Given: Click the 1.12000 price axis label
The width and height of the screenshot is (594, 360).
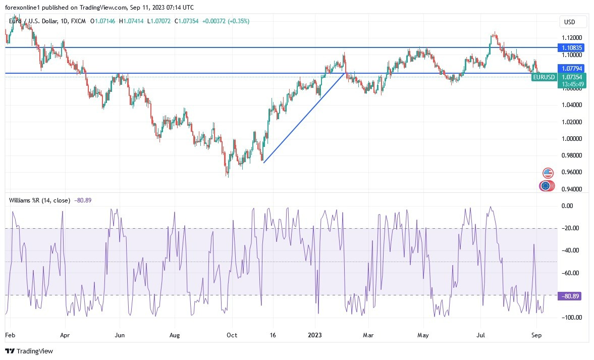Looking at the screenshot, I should click(x=572, y=38).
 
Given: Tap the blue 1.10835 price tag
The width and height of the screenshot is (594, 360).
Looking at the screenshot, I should click(x=572, y=47).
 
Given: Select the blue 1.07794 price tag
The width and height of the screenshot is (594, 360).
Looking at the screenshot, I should click(x=572, y=68).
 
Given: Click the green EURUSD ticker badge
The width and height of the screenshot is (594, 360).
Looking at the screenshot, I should click(x=544, y=77).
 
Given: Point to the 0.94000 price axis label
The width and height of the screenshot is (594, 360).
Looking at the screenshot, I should click(x=572, y=189).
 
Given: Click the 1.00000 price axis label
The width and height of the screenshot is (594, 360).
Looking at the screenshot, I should click(x=572, y=138).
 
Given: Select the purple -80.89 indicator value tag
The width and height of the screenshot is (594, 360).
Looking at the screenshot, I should click(x=569, y=296).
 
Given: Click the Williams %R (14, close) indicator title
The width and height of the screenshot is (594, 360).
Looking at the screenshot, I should click(x=40, y=200).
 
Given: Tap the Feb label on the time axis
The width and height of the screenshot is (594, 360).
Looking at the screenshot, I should click(x=10, y=334).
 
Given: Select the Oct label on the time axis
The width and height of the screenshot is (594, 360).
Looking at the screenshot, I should click(x=232, y=334).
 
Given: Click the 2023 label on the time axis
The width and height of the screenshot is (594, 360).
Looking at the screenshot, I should click(x=314, y=334).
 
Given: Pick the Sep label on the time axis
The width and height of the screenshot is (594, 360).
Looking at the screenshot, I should click(x=536, y=334).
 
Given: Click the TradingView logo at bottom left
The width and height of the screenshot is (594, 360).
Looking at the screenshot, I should click(x=29, y=351).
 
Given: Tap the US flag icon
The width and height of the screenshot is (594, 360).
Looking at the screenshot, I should click(x=548, y=173).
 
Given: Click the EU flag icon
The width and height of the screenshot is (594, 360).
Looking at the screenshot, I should click(x=545, y=186).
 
